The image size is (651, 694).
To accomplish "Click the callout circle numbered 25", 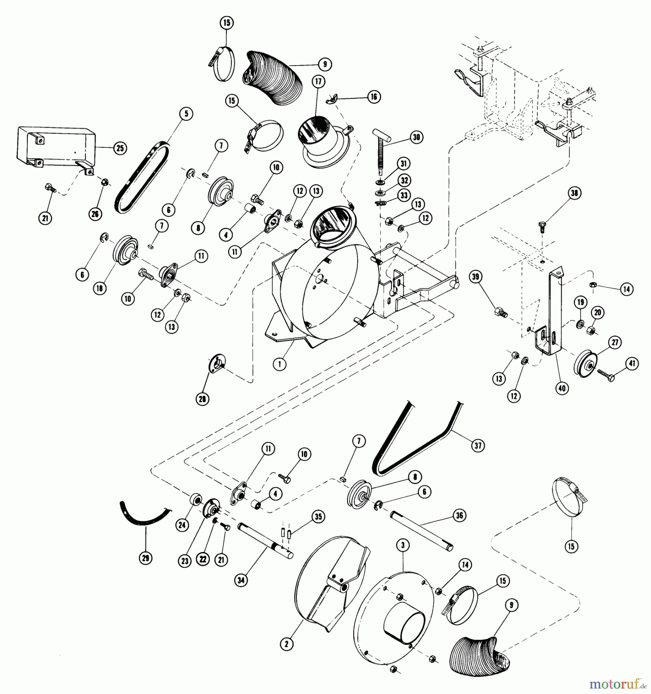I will (120, 148).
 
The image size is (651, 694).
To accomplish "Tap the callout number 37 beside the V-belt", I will (478, 446).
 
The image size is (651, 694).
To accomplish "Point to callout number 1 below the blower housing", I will (279, 364).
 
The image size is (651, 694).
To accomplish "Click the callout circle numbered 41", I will (632, 364).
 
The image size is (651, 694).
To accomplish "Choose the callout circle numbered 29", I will (146, 558).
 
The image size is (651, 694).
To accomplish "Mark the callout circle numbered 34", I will (241, 580).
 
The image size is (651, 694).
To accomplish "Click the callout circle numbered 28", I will (202, 399).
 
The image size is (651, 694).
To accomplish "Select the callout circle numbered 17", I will (319, 82).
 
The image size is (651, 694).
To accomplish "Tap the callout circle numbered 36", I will (459, 515).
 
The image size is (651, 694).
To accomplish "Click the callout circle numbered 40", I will (562, 388).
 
